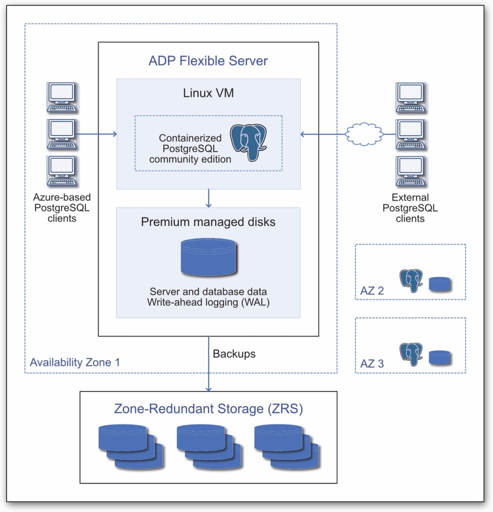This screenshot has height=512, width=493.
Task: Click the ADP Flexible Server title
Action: coord(208,61)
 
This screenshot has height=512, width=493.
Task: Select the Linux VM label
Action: coord(208,93)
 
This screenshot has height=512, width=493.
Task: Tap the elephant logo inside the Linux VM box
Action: coord(248,143)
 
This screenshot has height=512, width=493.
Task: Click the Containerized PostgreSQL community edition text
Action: coord(190,148)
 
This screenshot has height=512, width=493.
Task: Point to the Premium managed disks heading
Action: coord(208,222)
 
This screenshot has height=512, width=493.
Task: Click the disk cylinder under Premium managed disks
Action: coord(208,257)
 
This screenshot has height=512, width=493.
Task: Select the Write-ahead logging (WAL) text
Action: coord(208,301)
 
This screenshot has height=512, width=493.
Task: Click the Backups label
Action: coord(234,354)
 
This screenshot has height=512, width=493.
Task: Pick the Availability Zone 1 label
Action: coord(75,362)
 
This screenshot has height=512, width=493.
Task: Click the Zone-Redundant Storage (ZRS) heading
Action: coord(208,408)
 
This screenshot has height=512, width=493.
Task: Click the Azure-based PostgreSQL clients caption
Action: coord(61,207)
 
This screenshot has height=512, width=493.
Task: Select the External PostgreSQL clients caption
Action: coord(410,207)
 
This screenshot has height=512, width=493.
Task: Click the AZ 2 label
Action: coord(372,290)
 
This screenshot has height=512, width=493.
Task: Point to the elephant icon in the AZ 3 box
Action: coord(411,354)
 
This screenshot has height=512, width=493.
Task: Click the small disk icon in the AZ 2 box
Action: coord(440,284)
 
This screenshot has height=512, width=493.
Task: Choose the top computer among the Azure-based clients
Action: coord(61,97)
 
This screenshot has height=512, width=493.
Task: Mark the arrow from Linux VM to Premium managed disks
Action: coord(209,198)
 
